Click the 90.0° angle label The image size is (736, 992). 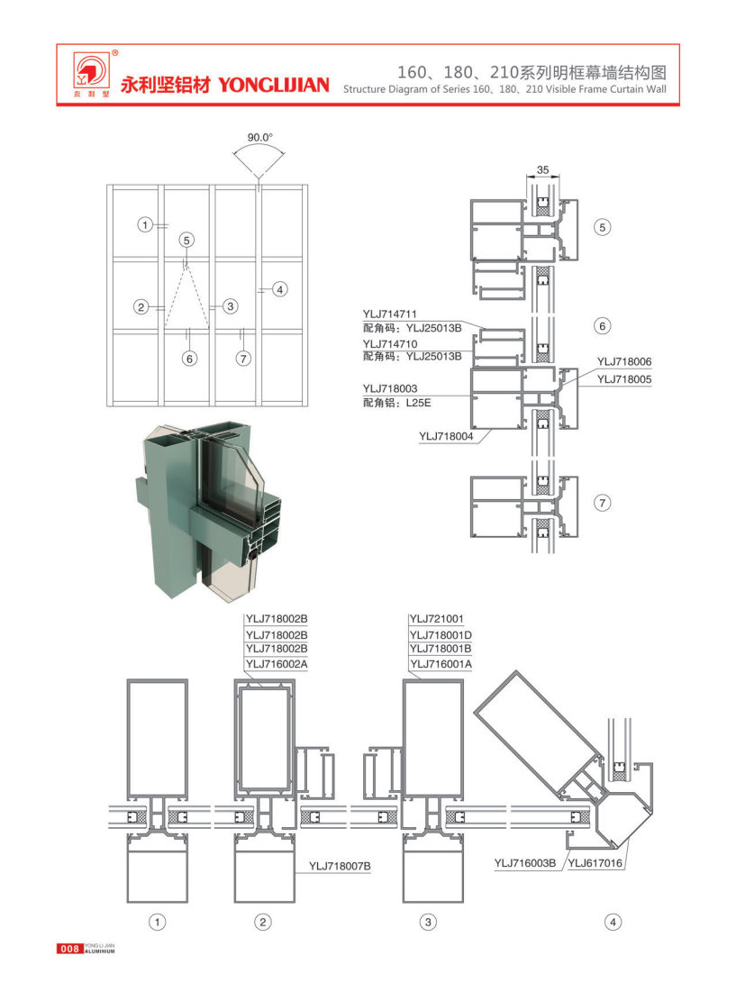coord(259,137)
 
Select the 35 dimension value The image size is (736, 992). coord(541,169)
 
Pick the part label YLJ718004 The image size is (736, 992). coord(444,436)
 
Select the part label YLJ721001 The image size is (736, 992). coord(436,619)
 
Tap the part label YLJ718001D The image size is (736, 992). coord(441,633)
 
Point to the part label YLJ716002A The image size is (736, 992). coord(277,664)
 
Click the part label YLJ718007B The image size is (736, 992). coord(340,867)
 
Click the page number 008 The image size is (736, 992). coord(69,948)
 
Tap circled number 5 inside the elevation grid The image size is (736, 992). coord(186,240)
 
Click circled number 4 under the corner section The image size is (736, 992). coord(613,922)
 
